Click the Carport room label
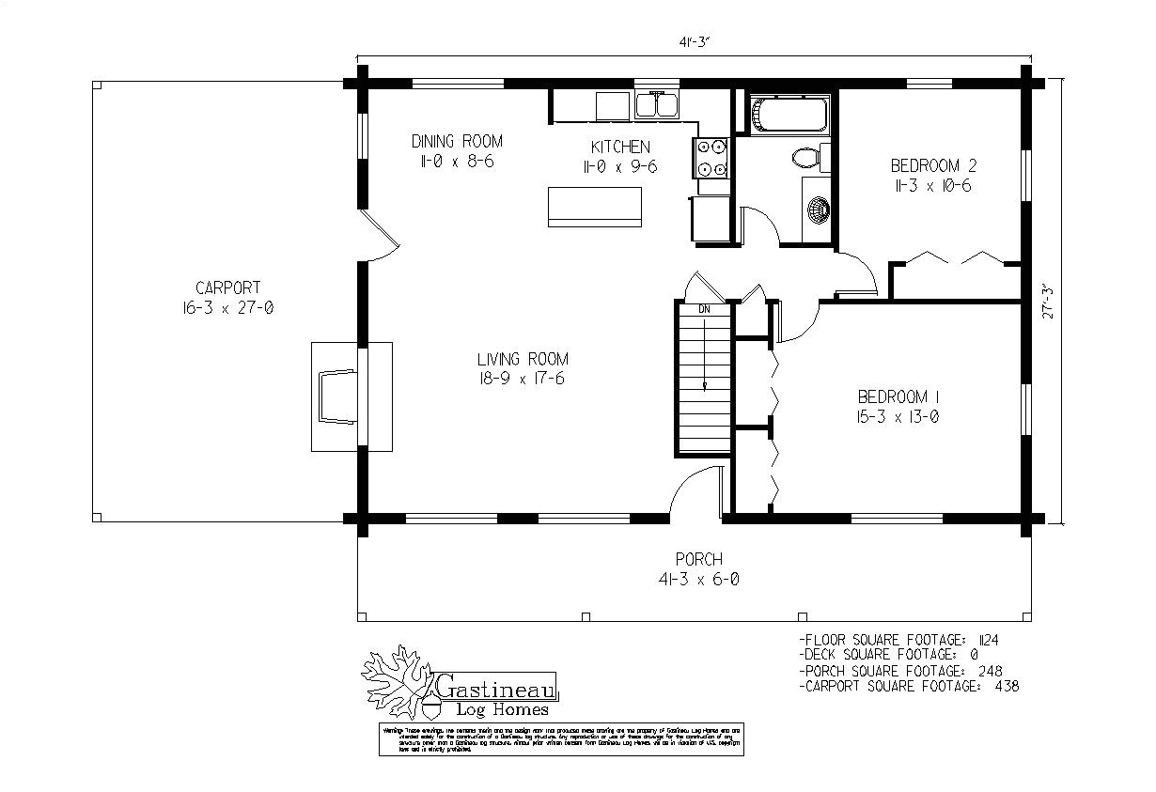pos(227,287)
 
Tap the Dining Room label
pos(457,141)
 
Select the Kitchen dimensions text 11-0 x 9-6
pos(619,166)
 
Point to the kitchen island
pos(595,206)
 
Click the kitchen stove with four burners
pos(711,157)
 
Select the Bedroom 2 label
pos(933,166)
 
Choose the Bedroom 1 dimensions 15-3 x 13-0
pos(898,416)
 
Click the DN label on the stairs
pos(704,309)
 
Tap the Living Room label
pos(523,359)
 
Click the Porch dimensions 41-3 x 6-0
pos(698,580)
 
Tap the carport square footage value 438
pos(1006,686)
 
